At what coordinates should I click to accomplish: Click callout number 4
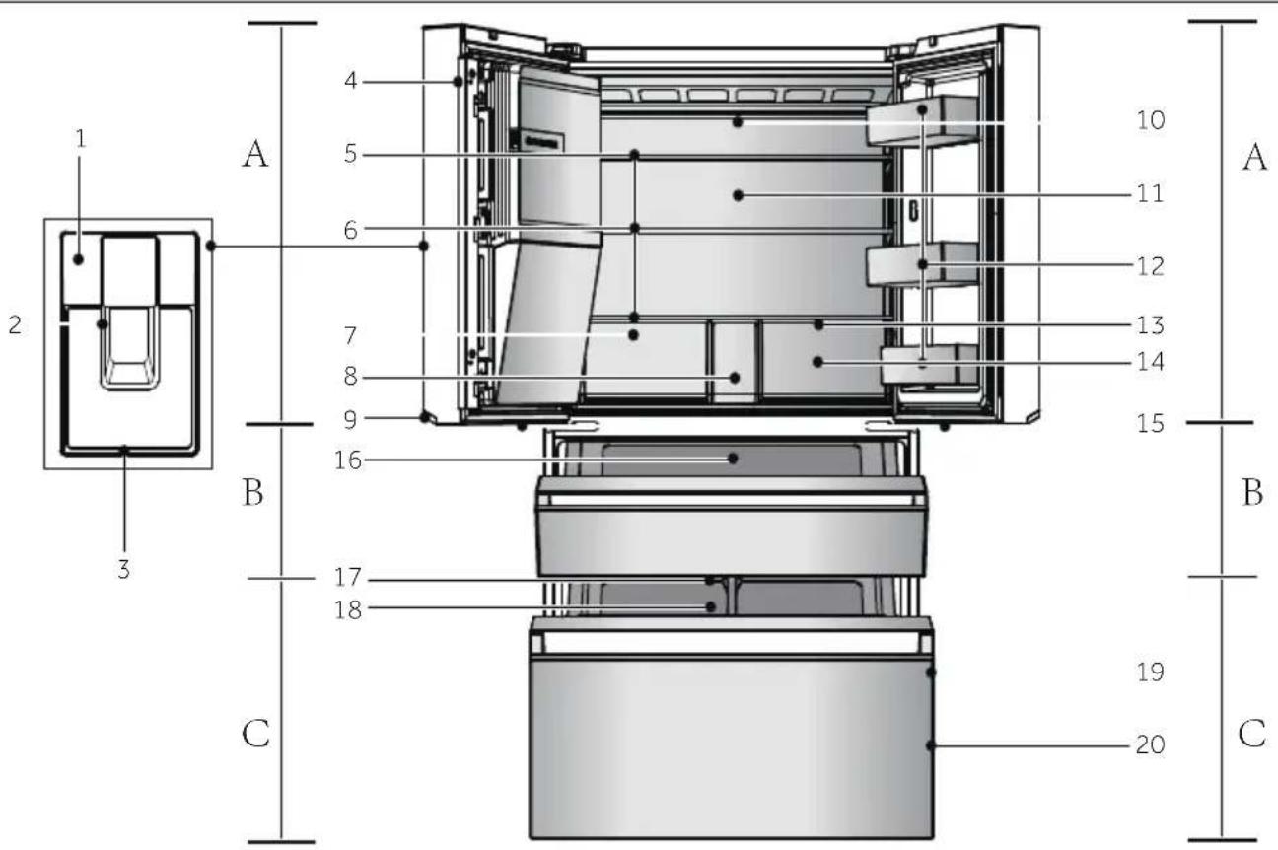351,81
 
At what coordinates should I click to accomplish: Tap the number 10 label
1151,120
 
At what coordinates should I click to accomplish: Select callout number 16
348,460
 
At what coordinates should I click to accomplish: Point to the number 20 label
1150,745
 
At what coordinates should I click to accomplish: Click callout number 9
350,420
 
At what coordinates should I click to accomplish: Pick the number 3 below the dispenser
124,569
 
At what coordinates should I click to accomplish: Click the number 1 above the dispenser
81,139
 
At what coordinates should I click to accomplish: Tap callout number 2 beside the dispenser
16,324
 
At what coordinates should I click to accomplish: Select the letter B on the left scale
253,492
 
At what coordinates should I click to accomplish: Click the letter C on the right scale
1252,734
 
